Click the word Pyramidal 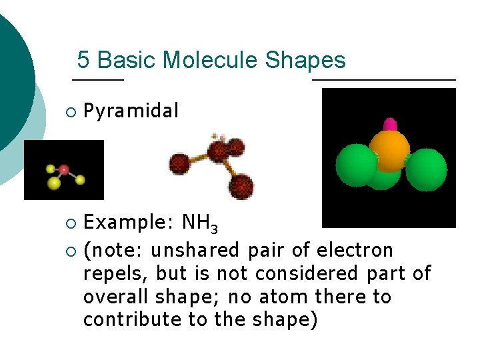point(131,111)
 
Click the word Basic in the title point(126,61)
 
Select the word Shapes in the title point(305,61)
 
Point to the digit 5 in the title point(83,61)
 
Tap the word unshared point(197,251)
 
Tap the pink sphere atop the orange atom point(390,124)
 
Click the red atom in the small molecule point(64,169)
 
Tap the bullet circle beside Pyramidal point(71,112)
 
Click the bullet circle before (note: point(71,251)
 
